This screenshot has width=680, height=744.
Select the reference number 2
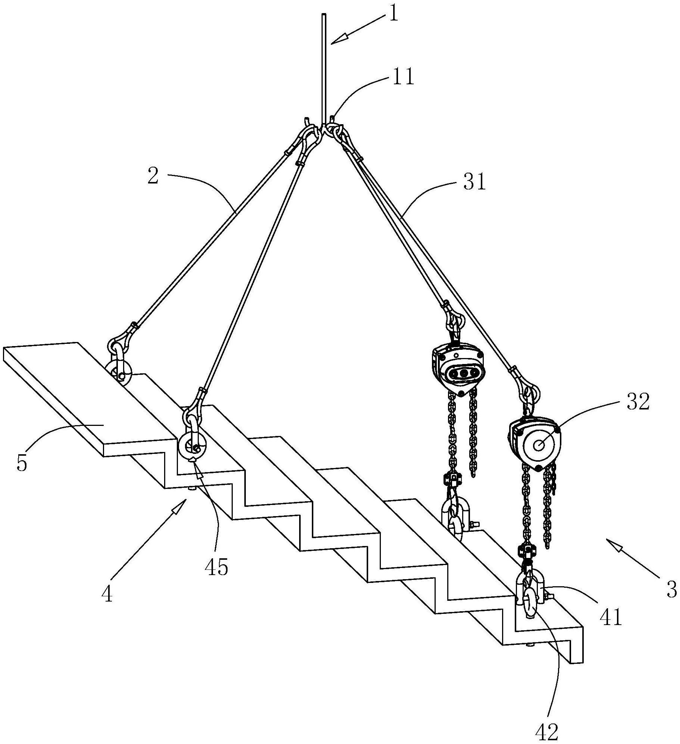click(x=153, y=175)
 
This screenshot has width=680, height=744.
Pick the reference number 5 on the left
click(x=22, y=462)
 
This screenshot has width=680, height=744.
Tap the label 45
click(x=216, y=567)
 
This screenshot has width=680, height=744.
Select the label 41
click(x=611, y=617)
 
